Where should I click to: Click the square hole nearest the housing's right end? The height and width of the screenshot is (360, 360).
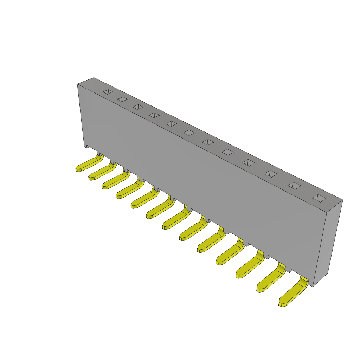click(x=319, y=198)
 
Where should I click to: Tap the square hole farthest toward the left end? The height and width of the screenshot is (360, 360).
click(x=108, y=92)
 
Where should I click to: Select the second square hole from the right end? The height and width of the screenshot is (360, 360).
click(x=294, y=186)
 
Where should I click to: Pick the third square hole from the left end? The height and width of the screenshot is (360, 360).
click(x=138, y=107)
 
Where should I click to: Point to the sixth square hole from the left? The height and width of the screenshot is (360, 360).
click(x=189, y=133)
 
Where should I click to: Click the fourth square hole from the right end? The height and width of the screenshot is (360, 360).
click(x=249, y=162)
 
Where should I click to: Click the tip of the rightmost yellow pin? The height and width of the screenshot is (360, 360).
click(x=282, y=304)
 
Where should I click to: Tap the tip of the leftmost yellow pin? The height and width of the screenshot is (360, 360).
click(x=78, y=169)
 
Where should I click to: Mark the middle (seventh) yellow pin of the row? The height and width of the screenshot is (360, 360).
click(x=176, y=220)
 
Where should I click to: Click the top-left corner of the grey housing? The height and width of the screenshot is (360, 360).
click(x=78, y=84)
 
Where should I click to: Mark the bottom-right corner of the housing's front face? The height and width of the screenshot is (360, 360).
click(x=313, y=286)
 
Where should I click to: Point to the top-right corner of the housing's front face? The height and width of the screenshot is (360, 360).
click(x=327, y=213)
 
